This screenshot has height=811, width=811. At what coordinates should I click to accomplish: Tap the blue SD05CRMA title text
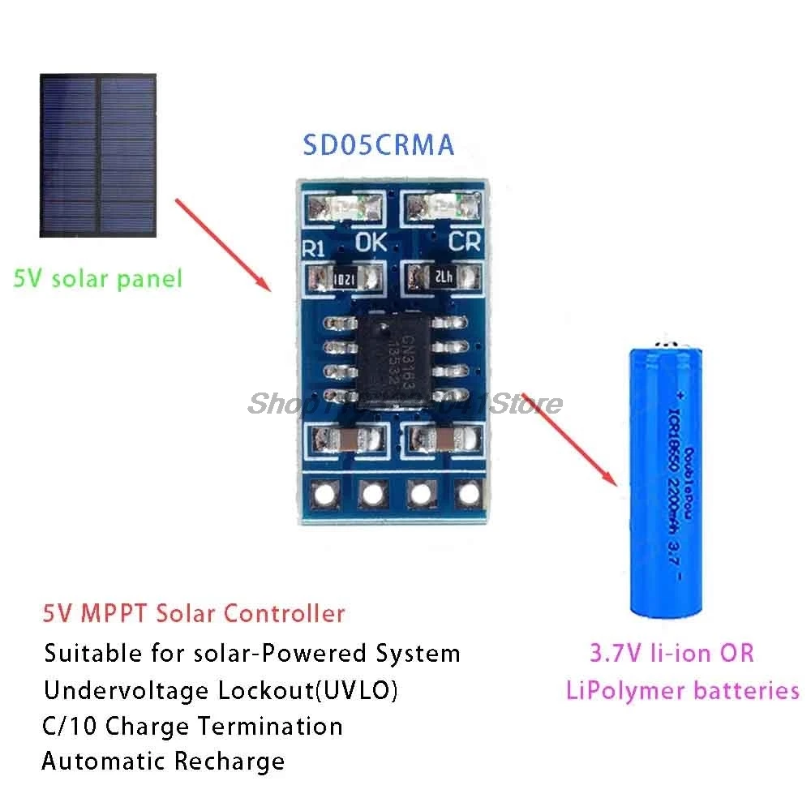click(379, 145)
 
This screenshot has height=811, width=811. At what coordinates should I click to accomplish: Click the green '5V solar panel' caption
click(98, 279)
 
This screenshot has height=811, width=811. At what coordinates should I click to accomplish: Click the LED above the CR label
click(444, 208)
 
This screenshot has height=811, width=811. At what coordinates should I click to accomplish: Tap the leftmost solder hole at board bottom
click(328, 492)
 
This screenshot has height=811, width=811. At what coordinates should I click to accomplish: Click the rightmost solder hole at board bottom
click(466, 492)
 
